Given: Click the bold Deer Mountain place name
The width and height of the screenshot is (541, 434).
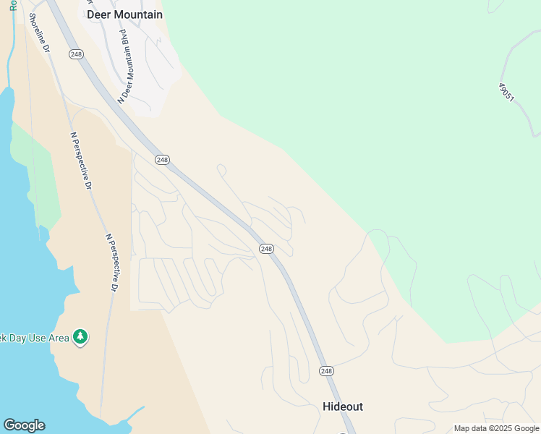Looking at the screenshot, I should point(124,14).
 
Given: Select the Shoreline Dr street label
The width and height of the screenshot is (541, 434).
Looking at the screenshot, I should point(38,33).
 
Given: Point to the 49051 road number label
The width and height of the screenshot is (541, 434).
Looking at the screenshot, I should point(506,92).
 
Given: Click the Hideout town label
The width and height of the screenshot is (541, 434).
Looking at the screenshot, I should point(342,407).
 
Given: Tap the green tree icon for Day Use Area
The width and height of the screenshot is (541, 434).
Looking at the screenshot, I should point(80,337).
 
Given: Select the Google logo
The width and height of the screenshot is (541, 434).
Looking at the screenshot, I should point(24,425).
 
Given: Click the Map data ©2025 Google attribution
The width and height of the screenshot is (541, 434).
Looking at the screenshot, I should point(496,428).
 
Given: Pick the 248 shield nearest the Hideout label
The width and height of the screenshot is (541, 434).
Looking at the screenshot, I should point(326,371).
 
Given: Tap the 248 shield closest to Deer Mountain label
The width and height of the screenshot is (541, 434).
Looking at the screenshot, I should point(77,54).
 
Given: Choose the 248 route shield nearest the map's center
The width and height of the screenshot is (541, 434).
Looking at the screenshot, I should point(266,249).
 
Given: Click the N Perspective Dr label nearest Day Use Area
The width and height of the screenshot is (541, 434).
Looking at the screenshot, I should point(111,262).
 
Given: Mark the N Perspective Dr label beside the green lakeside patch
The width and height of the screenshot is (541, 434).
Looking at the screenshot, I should point(81,160).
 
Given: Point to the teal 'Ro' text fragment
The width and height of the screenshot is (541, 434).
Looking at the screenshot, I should point(14,6).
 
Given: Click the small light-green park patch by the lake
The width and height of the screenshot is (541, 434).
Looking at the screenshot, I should point(39,181).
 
